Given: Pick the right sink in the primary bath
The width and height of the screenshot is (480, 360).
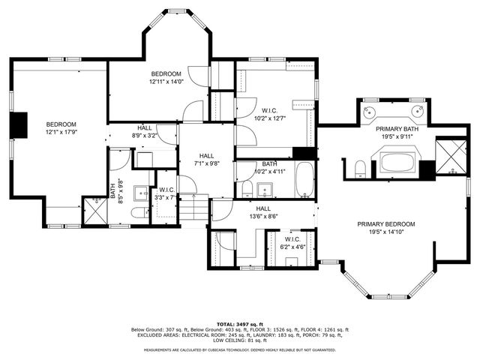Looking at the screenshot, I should tap(417, 112).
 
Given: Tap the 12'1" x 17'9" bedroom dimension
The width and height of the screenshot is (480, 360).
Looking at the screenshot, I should tap(61, 133).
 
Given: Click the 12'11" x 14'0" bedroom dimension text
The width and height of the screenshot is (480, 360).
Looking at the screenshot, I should tap(166, 82).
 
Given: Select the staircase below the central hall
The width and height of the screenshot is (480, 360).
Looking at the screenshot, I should tap(194, 208).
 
